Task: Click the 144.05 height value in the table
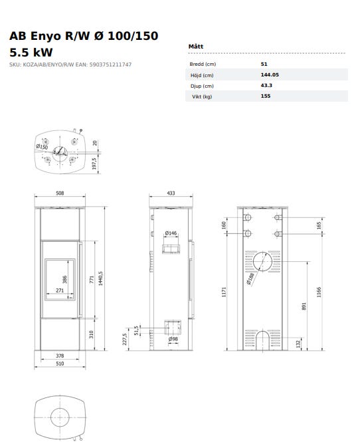(270, 74)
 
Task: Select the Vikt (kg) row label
(202, 96)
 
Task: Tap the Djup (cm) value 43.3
(266, 85)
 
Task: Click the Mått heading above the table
(196, 47)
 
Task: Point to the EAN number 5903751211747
(110, 64)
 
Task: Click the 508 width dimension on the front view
(60, 193)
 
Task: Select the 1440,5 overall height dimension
(100, 278)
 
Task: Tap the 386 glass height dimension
(65, 279)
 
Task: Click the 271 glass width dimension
(60, 290)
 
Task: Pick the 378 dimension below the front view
(60, 356)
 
